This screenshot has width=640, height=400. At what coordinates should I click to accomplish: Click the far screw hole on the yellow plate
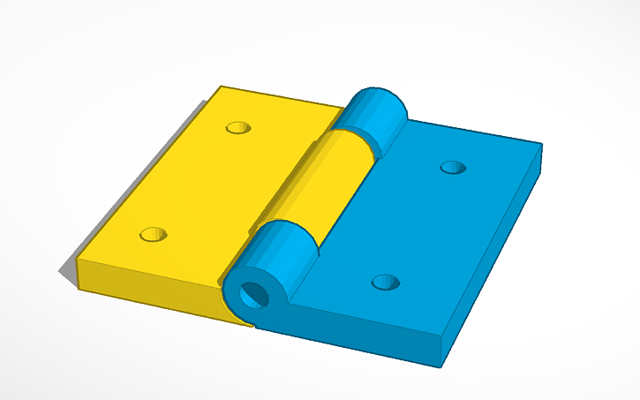pyautogui.click(x=237, y=128)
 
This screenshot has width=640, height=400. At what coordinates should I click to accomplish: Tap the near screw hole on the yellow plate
pyautogui.click(x=154, y=235)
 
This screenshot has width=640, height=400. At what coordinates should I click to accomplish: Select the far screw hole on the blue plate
pyautogui.click(x=453, y=167)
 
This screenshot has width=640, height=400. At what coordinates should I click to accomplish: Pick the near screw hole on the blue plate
pyautogui.click(x=385, y=283)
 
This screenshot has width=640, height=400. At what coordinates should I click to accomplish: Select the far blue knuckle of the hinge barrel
pyautogui.click(x=375, y=115)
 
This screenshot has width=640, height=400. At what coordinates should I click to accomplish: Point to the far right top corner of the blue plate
pyautogui.click(x=541, y=144)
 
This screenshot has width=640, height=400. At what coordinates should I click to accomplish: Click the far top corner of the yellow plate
pyautogui.click(x=221, y=87)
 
